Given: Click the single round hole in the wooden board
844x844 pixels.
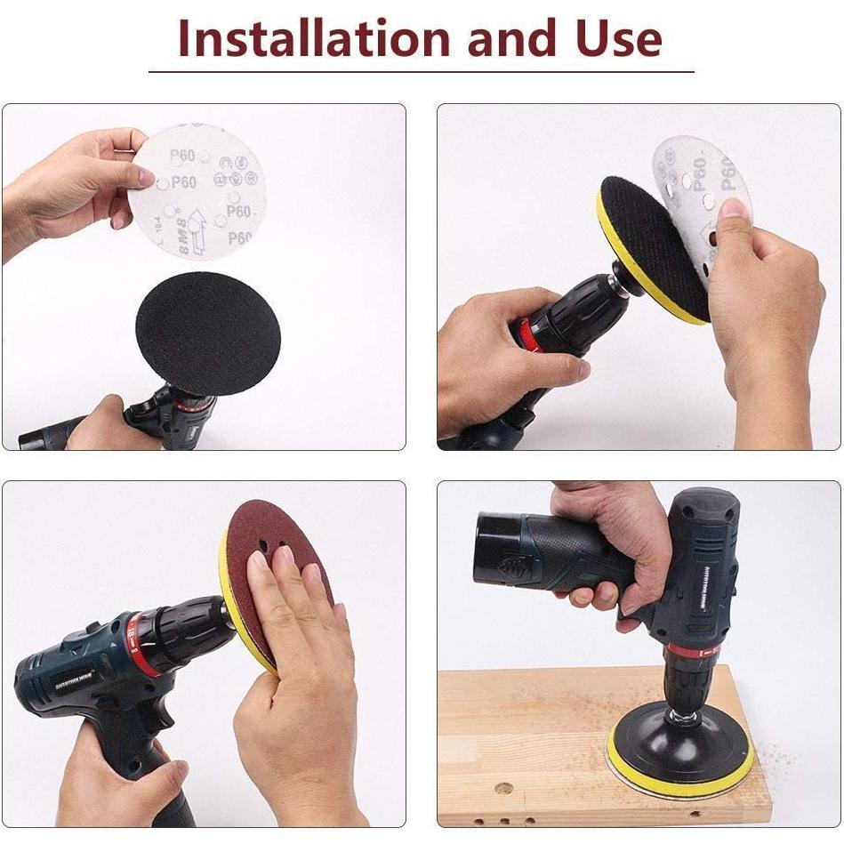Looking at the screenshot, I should pos(503,788).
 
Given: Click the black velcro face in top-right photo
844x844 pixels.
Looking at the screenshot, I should pos(654,245).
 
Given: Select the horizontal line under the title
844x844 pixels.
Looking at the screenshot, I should pos(421,71).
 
